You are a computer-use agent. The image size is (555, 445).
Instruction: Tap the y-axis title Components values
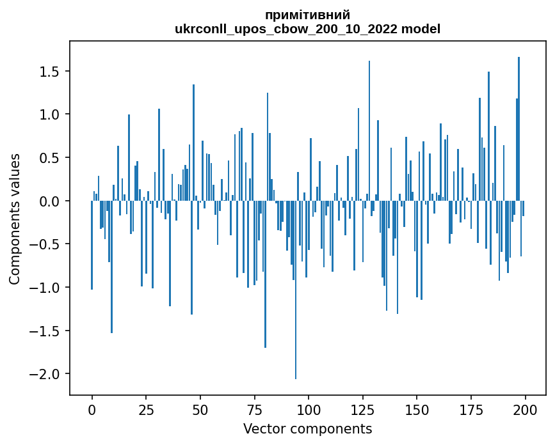pos(14,219)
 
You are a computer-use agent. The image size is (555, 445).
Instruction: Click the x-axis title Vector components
pos(307,428)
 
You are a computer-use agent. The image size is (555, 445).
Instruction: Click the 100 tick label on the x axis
pos(309,409)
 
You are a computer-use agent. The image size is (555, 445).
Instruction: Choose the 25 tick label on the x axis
pos(146,409)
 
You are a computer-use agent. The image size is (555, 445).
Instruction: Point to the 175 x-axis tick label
pos(471,409)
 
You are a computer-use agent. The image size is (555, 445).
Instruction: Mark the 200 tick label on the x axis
pos(525,409)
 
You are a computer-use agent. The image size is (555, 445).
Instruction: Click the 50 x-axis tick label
pos(200,409)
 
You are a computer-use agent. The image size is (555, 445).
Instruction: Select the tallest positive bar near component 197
pos(519,128)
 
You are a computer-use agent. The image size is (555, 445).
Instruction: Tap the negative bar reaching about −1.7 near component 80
pos(265,275)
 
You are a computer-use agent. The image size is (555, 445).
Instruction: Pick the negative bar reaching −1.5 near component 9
pos(111,269)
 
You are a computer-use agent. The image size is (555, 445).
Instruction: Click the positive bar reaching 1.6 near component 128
pos(369,128)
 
